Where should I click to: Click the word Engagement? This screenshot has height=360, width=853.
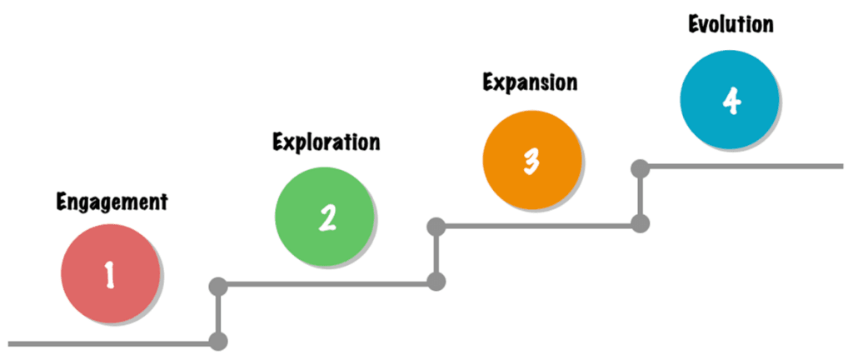(x=112, y=202)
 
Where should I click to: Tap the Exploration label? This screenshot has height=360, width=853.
(x=326, y=142)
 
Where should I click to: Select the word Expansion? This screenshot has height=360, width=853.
(x=531, y=82)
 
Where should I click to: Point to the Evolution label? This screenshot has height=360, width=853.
(x=730, y=24)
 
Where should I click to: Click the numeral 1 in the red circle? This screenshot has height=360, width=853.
(x=110, y=274)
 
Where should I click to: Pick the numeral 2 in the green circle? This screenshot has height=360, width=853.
(x=327, y=217)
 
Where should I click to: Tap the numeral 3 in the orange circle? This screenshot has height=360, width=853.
(x=531, y=161)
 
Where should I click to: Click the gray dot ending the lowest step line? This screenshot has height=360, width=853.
(x=218, y=342)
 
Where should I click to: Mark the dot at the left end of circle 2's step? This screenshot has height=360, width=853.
(x=218, y=285)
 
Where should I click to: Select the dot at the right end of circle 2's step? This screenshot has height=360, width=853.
(x=436, y=282)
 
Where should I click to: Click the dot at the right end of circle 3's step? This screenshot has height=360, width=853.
(x=641, y=223)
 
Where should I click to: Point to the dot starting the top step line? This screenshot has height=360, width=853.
(x=641, y=168)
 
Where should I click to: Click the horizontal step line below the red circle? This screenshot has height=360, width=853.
(x=112, y=343)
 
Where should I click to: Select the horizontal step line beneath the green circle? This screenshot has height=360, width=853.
(x=327, y=283)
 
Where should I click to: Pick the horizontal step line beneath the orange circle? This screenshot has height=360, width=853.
(x=538, y=225)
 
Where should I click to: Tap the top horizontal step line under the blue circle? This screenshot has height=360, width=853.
(x=741, y=166)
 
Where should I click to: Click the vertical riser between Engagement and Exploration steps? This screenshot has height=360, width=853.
(x=218, y=314)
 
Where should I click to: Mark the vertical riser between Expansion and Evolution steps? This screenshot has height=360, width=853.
(x=641, y=196)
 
